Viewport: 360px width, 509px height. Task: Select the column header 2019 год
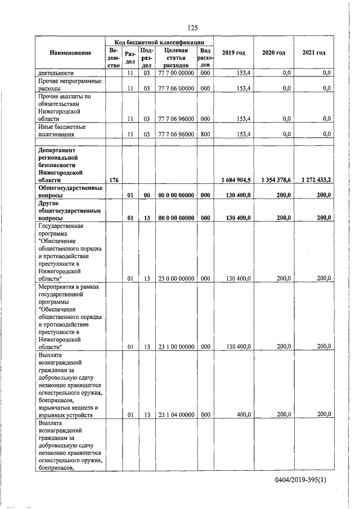tap(233, 53)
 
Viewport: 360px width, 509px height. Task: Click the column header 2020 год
tap(273, 53)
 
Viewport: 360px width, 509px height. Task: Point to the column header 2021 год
tap(313, 53)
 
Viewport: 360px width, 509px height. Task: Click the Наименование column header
tap(70, 53)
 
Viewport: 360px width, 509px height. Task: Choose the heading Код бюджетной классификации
tap(159, 42)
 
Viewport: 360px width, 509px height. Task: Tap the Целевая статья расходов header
tap(175, 57)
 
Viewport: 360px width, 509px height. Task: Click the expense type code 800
tap(205, 134)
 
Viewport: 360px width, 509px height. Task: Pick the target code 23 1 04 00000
tap(175, 415)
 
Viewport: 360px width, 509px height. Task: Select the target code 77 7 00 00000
tap(175, 73)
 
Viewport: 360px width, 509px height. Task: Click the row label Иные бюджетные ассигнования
tap(62, 131)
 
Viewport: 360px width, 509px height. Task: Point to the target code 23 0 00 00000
tap(175, 278)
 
